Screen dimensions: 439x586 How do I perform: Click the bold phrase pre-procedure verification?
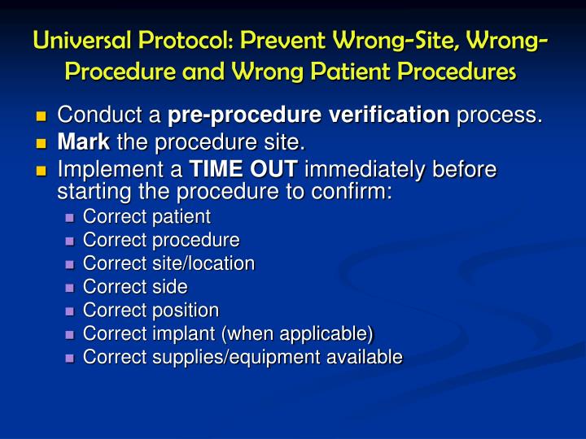point(309,116)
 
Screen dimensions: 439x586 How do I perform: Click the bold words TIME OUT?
point(245,170)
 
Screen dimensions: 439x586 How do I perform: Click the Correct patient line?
point(146,217)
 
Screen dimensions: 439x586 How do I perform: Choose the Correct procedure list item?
point(161,241)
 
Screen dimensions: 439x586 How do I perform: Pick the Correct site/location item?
point(168,263)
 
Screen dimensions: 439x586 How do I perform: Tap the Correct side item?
point(135,287)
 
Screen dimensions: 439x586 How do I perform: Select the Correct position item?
point(151,311)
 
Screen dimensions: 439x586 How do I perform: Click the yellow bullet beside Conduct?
point(42,117)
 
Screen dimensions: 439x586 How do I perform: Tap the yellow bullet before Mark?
point(42,145)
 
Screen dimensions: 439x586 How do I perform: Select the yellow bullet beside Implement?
point(42,171)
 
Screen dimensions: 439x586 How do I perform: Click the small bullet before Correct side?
point(69,288)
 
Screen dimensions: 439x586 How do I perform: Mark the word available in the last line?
point(363,357)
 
